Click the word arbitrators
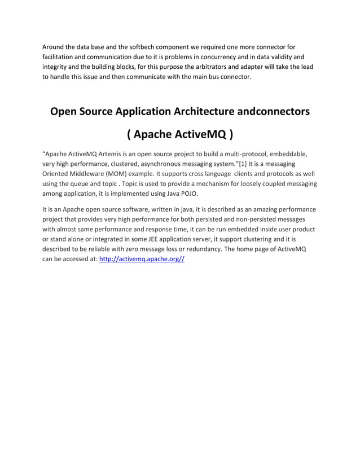[x=213, y=67]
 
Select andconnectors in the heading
[x=274, y=111]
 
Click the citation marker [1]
[x=240, y=164]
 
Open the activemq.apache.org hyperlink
[x=142, y=260]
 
